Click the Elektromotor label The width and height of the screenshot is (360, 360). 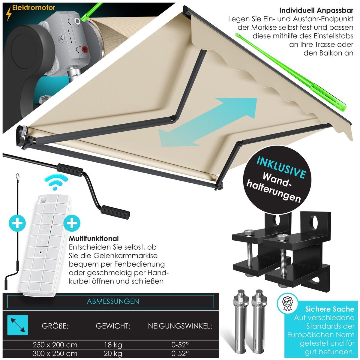33,8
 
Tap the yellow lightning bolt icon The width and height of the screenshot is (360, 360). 9,14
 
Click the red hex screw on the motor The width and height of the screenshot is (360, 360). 86,49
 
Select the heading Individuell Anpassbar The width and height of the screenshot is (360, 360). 316,10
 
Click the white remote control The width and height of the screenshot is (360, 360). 44,245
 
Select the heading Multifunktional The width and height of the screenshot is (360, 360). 94,238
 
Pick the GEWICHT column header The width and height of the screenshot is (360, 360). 113,326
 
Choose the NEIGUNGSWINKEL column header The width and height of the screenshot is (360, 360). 180,326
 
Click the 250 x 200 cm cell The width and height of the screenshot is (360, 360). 55,345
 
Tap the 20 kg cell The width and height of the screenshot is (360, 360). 113,354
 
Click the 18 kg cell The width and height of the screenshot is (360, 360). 113,345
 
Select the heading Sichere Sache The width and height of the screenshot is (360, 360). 329,309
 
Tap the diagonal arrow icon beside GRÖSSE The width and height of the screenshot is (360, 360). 18,325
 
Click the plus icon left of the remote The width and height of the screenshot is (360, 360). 17,223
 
